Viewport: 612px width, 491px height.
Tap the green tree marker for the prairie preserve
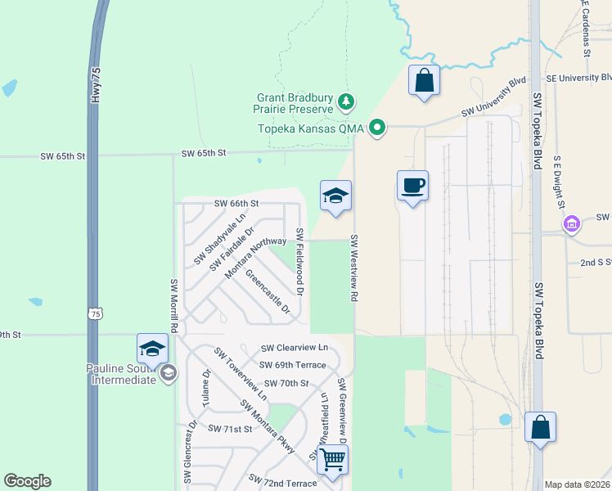point(348,101)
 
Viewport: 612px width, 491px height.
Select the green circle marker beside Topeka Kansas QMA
point(377,128)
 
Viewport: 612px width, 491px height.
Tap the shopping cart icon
point(332,460)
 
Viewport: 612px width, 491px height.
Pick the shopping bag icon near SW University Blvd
point(424,80)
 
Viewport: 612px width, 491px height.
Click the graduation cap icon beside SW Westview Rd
point(335,196)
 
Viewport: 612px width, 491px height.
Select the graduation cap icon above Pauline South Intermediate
point(152,349)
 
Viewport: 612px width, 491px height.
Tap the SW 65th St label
point(203,153)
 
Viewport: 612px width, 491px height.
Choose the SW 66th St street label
point(236,203)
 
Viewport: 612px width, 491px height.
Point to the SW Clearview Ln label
point(294,348)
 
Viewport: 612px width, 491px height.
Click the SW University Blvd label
point(493,97)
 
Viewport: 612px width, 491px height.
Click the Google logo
point(27,481)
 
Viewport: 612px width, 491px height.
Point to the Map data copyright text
point(577,484)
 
